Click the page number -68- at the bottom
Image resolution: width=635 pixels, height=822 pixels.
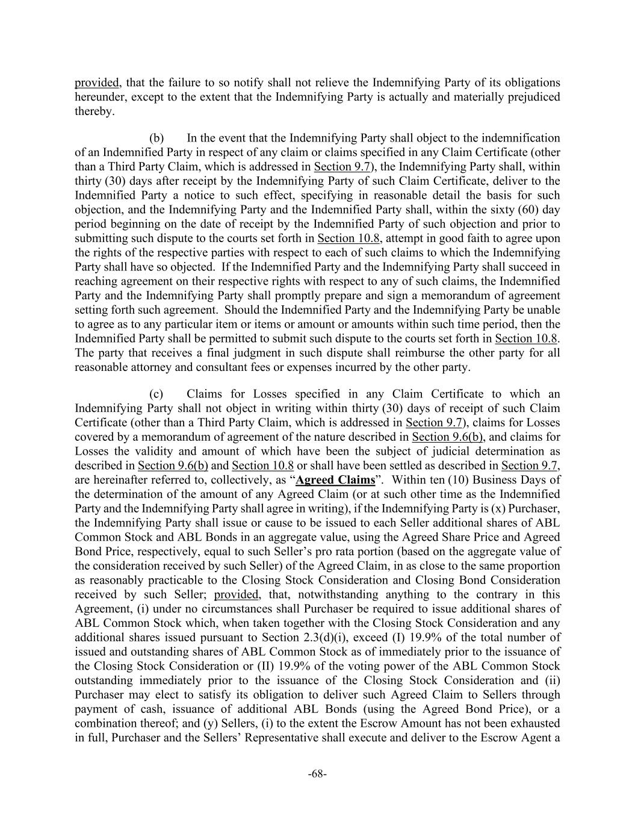tap(317, 774)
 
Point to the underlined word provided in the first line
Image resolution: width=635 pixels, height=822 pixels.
tap(98, 83)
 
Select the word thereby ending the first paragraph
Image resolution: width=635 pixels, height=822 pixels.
tap(94, 111)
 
